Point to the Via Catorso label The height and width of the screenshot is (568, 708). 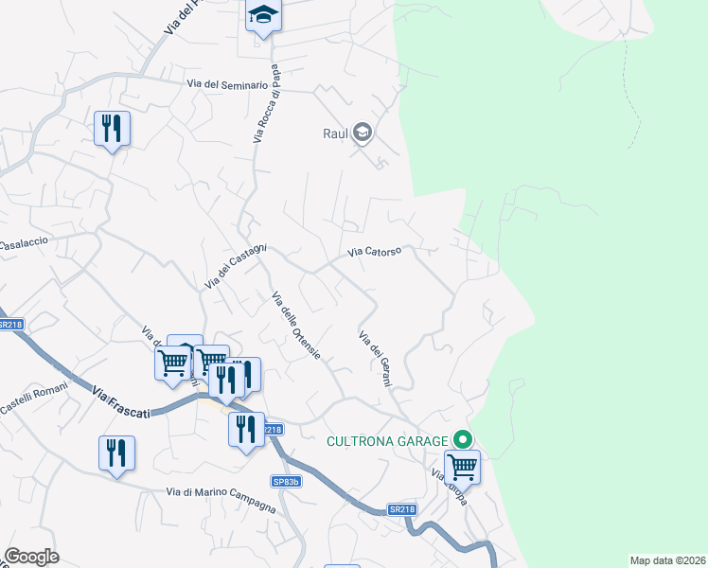pos(375,252)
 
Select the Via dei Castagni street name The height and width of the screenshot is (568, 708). pos(236,267)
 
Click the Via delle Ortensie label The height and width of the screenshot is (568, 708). pos(296,327)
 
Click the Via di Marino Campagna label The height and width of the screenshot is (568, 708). pos(221,499)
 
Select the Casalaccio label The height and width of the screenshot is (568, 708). pos(23,243)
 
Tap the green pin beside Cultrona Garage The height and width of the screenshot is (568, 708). pos(463,439)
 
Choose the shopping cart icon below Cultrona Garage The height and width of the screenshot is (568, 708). pos(462,466)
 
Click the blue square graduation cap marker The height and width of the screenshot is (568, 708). pos(263,15)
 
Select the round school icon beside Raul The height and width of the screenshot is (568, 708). pos(362,133)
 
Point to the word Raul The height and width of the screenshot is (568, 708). pos(335,133)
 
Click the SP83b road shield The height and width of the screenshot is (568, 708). pos(286,482)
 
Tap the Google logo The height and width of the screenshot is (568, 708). pos(31,557)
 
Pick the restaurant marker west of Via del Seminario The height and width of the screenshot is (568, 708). pos(112,127)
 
